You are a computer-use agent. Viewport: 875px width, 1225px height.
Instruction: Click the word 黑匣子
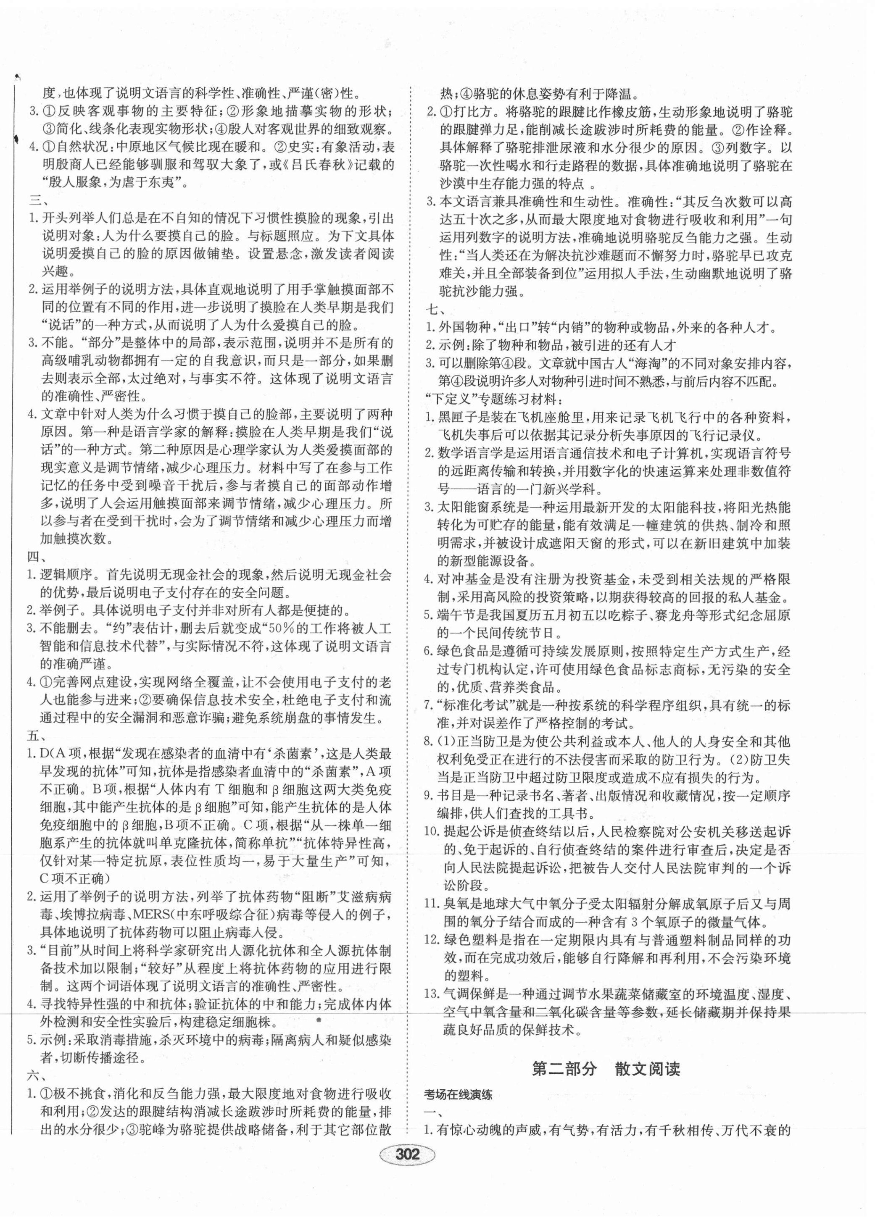click(459, 417)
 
